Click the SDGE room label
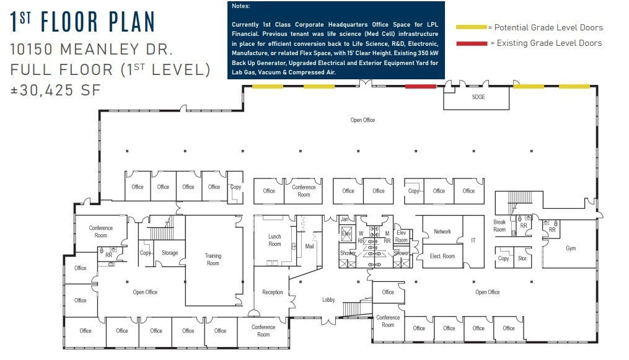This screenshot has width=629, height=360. click(x=478, y=97)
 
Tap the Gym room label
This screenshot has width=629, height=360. click(x=570, y=248)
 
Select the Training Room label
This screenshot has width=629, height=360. click(x=213, y=260)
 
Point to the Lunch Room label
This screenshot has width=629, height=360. click(x=275, y=240)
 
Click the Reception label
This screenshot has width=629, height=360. click(x=272, y=292)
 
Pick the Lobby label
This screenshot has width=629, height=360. click(x=328, y=300)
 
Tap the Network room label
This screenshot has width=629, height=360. click(x=442, y=232)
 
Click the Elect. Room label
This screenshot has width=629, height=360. click(x=442, y=256)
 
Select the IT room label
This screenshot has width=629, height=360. click(x=473, y=240)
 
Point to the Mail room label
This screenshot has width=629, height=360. click(x=309, y=246)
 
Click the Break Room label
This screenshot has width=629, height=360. click(x=499, y=226)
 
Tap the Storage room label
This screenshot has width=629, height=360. click(x=170, y=253)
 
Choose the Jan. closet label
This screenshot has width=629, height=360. click(x=345, y=219)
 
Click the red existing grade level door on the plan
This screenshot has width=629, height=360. click(x=420, y=86)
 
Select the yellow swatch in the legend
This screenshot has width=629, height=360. click(x=471, y=27)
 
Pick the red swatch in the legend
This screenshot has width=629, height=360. click(x=471, y=43)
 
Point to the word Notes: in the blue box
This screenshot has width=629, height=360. click(x=240, y=6)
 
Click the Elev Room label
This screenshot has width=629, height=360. click(x=401, y=236)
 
